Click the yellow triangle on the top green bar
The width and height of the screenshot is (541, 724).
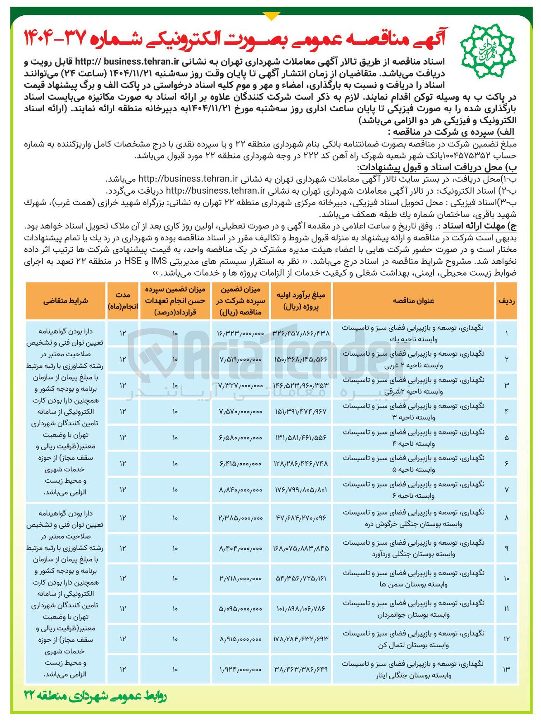click(x=271, y=16)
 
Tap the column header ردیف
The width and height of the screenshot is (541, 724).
click(x=507, y=301)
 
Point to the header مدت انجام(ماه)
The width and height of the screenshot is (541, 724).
click(x=123, y=301)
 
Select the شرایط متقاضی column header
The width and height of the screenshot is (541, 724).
click(x=65, y=301)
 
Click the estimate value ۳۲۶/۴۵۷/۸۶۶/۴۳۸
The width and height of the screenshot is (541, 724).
click(x=301, y=333)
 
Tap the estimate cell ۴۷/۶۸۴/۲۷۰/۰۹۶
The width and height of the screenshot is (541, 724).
click(x=301, y=518)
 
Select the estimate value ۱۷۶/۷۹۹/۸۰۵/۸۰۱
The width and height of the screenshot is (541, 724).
click(x=301, y=490)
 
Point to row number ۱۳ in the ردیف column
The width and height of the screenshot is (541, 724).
click(x=507, y=669)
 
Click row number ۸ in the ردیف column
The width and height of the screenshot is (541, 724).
click(x=507, y=518)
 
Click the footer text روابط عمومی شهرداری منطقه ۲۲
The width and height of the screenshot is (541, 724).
click(x=96, y=697)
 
